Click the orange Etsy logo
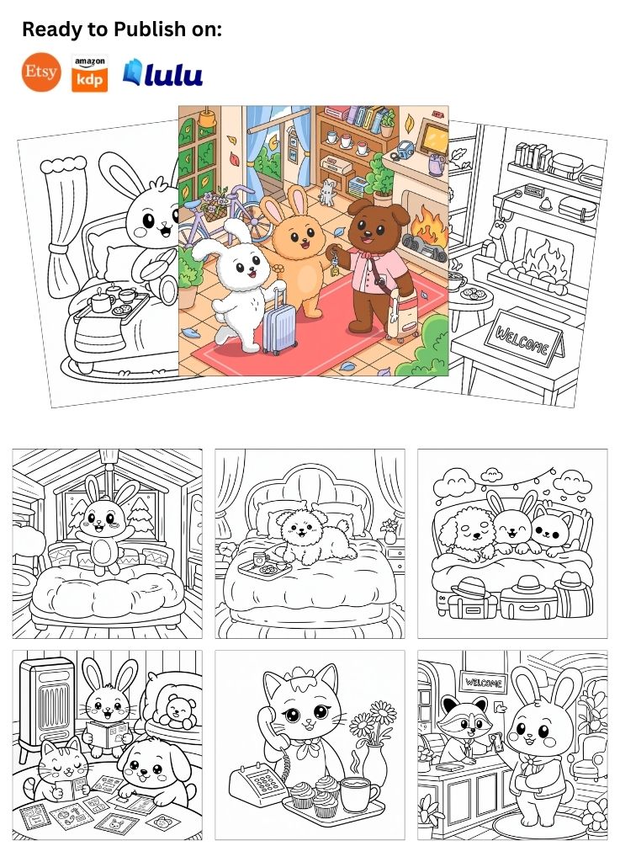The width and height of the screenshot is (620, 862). (41, 72)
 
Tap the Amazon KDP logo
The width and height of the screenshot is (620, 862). (89, 74)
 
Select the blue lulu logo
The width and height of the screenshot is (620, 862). (162, 73)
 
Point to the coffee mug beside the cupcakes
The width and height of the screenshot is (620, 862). (358, 792)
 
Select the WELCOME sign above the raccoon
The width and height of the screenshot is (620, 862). (483, 682)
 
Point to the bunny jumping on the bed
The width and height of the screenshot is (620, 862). (104, 526)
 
